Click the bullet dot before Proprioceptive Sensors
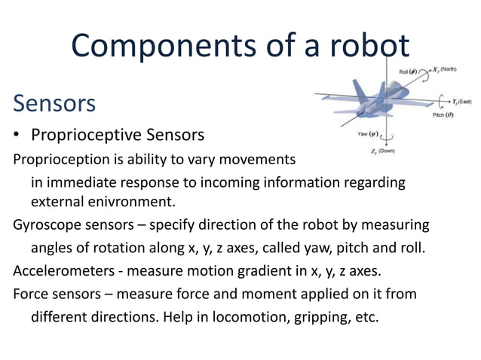(x=17, y=136)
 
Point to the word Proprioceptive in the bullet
(x=78, y=136)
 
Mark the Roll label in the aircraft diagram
(x=405, y=71)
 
